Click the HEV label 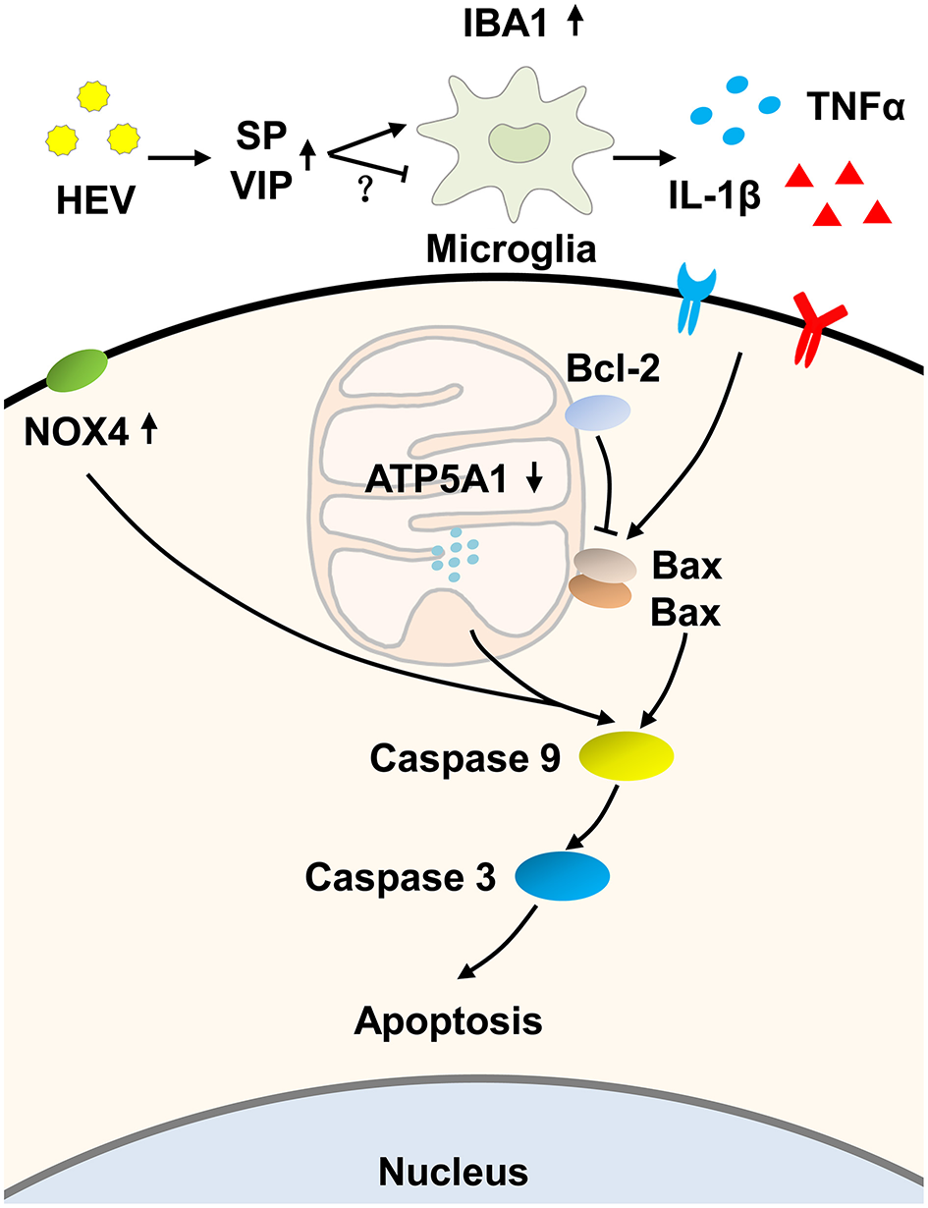click(95, 200)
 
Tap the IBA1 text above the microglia click(505, 25)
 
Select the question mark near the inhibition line click(364, 191)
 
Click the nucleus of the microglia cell click(519, 142)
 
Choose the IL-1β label click(714, 196)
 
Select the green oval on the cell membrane click(77, 370)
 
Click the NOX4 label click(77, 432)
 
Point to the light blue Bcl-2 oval click(598, 412)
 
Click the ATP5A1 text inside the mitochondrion click(436, 478)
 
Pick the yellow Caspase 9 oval click(627, 756)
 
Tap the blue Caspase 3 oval click(563, 876)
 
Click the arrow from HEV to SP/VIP click(180, 159)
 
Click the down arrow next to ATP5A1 click(534, 478)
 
